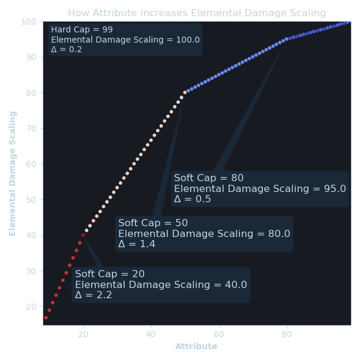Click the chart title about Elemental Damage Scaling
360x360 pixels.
coord(197,13)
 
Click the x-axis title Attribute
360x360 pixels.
coord(196,347)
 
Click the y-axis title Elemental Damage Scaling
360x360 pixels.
coord(13,173)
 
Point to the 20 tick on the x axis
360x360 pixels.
coord(83,332)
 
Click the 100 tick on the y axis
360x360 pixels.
coord(29,22)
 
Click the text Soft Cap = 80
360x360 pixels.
coord(209,178)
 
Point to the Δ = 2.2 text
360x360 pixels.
coord(94,295)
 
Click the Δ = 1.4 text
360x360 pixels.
coord(137,244)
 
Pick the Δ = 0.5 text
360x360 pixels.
coord(193,199)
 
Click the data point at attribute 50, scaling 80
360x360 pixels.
coord(185,92)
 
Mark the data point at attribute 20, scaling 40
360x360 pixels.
coord(83,235)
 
